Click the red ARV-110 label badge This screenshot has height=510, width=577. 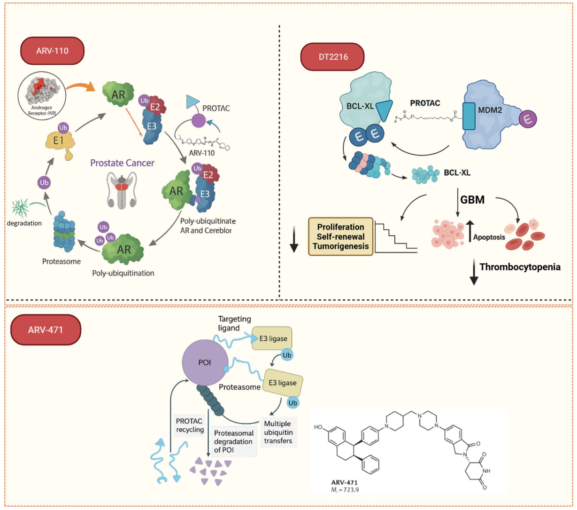[x=52, y=51]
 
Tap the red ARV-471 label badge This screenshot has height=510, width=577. [x=45, y=330]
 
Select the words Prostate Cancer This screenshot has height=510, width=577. [x=122, y=163]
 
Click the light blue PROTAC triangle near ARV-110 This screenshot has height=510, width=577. [x=192, y=102]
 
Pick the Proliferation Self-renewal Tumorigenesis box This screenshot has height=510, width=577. [x=340, y=236]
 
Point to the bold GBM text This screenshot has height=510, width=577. [x=472, y=200]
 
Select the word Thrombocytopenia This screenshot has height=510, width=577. [x=520, y=267]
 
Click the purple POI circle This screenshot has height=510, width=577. [x=204, y=362]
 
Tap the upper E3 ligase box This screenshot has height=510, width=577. [x=272, y=338]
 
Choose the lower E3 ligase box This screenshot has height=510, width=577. [x=282, y=383]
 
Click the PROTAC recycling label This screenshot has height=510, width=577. [x=190, y=425]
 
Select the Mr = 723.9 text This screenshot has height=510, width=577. [x=345, y=490]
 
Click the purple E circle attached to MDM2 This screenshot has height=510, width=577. [x=528, y=119]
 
